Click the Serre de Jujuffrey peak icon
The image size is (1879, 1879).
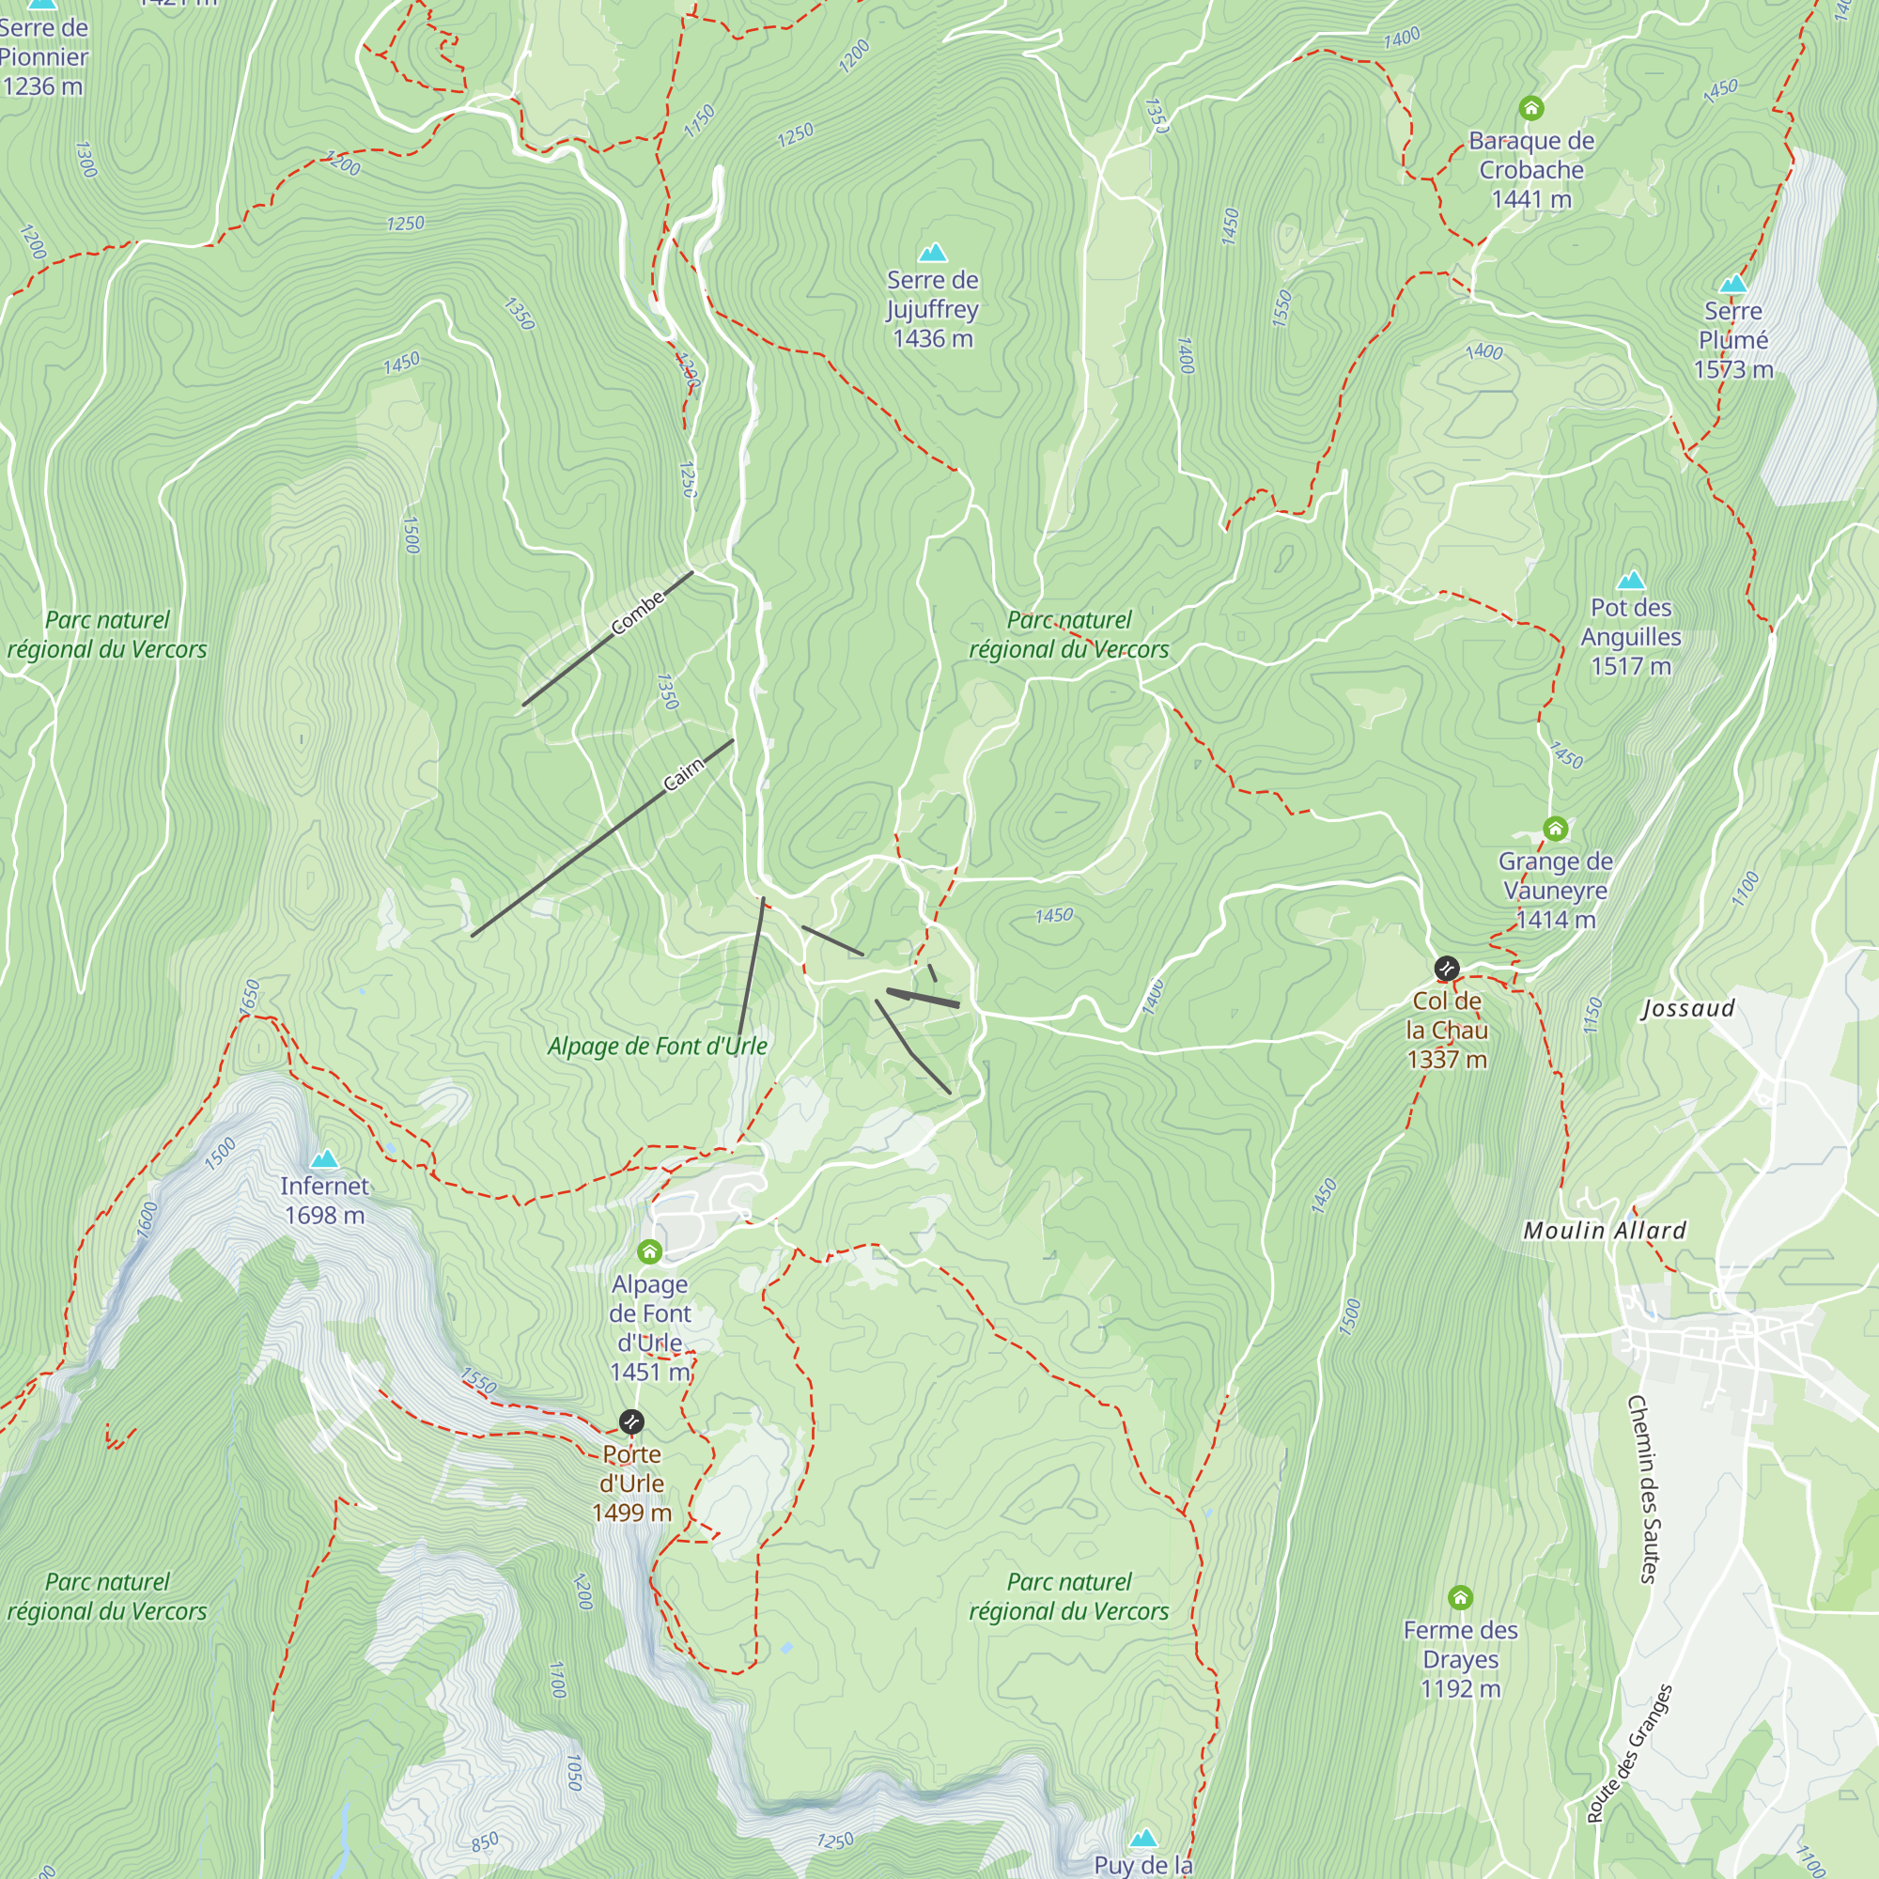coord(933,254)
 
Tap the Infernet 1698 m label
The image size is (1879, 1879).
coord(324,1200)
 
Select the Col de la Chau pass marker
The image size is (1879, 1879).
coord(1446,968)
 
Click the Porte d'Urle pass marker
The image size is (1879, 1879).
coord(631,1421)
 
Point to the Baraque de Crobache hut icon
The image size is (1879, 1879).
coord(1530,107)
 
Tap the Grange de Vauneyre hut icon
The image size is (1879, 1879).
coord(1555,829)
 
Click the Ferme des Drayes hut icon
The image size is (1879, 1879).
coord(1460,1597)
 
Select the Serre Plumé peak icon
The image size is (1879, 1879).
coord(1732,285)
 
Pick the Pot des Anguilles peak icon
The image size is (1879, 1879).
coord(1630,582)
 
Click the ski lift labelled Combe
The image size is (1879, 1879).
coord(608,638)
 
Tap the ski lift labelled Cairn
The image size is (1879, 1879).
coord(603,837)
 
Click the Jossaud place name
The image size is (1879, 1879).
coord(1687,1008)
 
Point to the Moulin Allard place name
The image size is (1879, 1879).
coord(1604,1231)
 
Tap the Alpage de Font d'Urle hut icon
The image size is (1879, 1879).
coord(648,1250)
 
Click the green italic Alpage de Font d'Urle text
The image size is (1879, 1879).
coord(657,1047)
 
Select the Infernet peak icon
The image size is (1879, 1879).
coord(324,1159)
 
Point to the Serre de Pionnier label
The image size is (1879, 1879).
coord(43,56)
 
